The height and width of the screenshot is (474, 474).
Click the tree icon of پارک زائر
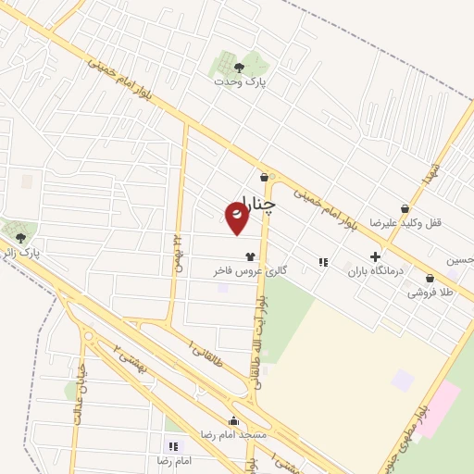(x=20, y=238)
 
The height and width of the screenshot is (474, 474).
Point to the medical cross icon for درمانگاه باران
(x=375, y=256)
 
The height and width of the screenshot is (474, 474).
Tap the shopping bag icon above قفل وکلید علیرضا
(x=405, y=209)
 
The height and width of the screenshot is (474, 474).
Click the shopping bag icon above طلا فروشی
(x=430, y=279)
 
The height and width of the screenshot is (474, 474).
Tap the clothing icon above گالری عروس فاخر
(x=249, y=256)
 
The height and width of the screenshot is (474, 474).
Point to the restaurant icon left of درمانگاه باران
(x=323, y=262)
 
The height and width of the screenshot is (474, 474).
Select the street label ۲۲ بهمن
(x=176, y=251)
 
